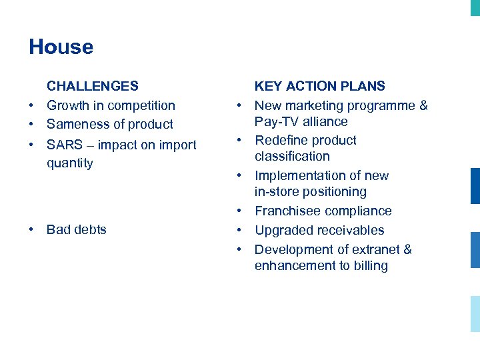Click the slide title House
coord(61,47)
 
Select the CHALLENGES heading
coord(93,86)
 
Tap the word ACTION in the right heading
coord(313,86)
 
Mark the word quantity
coord(70,163)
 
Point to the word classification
coord(292,157)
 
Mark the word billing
coord(371,266)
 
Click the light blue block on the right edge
coord(475,313)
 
